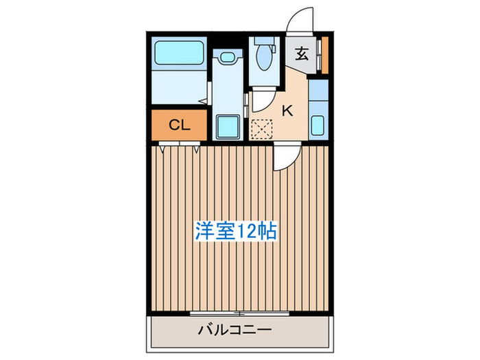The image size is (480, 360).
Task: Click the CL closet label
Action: [x=179, y=125]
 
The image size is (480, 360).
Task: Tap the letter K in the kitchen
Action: [x=288, y=110]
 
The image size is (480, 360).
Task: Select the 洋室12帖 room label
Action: [x=237, y=231]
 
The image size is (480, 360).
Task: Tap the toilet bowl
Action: [x=263, y=60]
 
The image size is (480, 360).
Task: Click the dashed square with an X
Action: [x=262, y=129]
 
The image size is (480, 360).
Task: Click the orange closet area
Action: [x=179, y=125]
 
